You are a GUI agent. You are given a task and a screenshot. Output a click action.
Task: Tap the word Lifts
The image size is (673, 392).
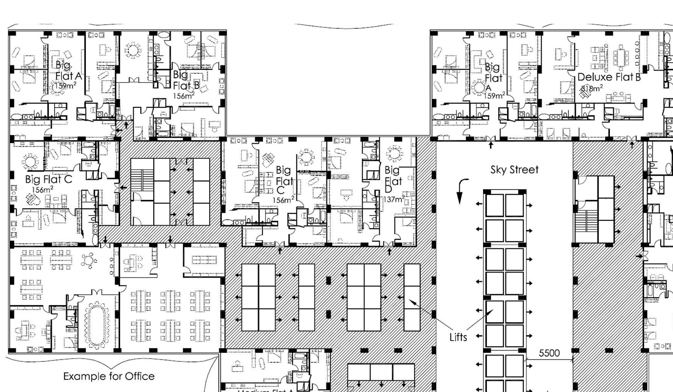[x=458, y=337]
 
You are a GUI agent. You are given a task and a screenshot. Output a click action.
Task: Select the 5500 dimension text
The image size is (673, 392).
[x=549, y=353]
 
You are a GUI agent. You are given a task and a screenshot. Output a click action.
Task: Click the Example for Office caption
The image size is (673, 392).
[x=109, y=376]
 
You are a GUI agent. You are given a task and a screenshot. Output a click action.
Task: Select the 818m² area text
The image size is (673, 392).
[x=592, y=88]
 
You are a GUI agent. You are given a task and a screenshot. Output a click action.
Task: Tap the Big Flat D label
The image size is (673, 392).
[x=393, y=179]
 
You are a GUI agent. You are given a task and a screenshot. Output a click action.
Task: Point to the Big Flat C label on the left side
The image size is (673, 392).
[x=49, y=179]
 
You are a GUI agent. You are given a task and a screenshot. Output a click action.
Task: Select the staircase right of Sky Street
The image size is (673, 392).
[x=586, y=225]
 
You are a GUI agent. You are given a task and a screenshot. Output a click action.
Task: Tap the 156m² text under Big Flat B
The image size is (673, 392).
[x=184, y=95]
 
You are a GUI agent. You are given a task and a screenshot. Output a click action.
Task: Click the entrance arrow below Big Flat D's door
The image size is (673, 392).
[x=389, y=252]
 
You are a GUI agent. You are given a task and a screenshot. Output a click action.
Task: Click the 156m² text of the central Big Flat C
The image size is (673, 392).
[x=283, y=200]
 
